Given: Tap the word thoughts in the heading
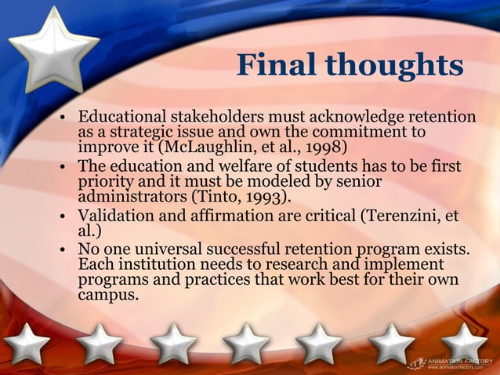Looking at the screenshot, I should click(x=396, y=64).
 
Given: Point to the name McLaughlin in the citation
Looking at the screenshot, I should click(x=208, y=146).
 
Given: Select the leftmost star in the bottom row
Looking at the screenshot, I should click(x=27, y=344).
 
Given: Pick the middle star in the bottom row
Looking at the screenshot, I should click(x=246, y=344).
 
